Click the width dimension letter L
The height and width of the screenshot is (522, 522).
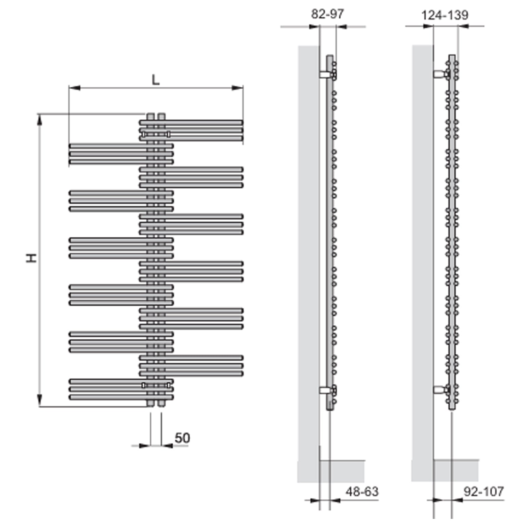(x=156, y=80)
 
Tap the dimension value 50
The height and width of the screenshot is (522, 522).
(x=182, y=438)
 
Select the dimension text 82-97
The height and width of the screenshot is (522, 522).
(x=327, y=14)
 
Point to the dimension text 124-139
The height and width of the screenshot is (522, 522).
(x=444, y=15)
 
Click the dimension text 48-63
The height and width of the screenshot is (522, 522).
(x=362, y=491)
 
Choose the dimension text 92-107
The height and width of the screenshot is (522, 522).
(x=483, y=491)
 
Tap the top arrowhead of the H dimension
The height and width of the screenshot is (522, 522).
(x=40, y=120)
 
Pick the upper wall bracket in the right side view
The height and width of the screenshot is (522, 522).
(x=440, y=74)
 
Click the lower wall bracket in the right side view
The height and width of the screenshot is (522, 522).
(x=440, y=389)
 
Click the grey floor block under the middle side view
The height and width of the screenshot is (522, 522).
(x=342, y=471)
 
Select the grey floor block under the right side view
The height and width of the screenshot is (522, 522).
(x=456, y=470)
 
